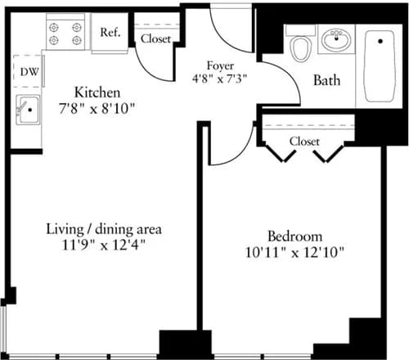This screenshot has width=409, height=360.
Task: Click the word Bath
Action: coord(327,80)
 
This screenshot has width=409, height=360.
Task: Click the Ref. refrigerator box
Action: coord(111,34)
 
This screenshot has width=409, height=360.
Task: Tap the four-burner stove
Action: coord(65,33)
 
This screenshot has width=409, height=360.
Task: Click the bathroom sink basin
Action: coord(335,39)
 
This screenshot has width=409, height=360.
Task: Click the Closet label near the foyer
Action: coord(155,38)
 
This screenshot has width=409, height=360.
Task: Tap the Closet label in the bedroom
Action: coord(304,142)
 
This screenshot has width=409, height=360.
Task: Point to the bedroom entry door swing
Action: coord(226,144)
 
